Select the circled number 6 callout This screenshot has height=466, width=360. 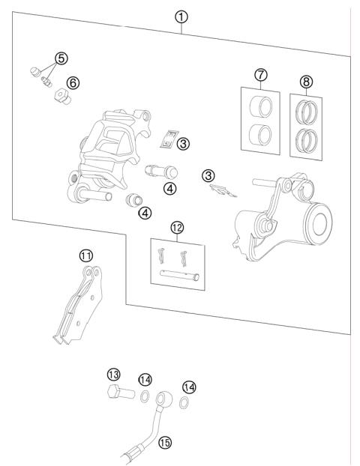click(73, 82)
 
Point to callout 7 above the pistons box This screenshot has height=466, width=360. click(259, 76)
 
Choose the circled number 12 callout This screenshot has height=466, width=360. click(178, 226)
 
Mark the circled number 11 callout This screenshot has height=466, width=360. click(87, 255)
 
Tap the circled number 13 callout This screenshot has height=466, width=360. click(113, 374)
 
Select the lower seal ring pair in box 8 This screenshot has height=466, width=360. click(308, 139)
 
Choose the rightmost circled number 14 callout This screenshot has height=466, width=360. click(190, 387)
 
